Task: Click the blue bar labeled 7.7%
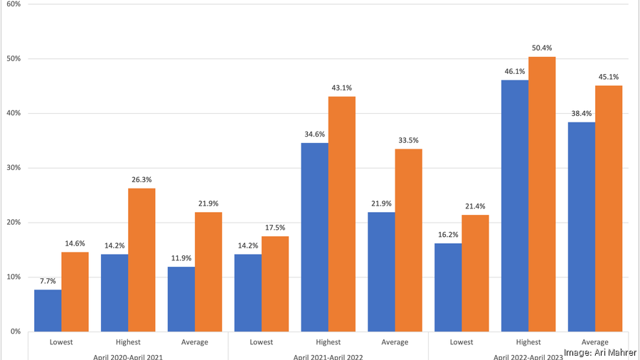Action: pyautogui.click(x=48, y=310)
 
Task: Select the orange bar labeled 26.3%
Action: pyautogui.click(x=142, y=260)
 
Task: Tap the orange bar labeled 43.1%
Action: pyautogui.click(x=342, y=213)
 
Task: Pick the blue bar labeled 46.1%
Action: pyautogui.click(x=515, y=206)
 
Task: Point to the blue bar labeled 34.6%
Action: pyautogui.click(x=315, y=237)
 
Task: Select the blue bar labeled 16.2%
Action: pyautogui.click(x=448, y=287)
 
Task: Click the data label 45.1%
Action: pyautogui.click(x=609, y=77)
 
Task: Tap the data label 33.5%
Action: pyautogui.click(x=408, y=140)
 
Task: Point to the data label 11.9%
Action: pyautogui.click(x=181, y=258)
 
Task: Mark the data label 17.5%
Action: pyautogui.click(x=275, y=228)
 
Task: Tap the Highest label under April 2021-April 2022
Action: pyautogui.click(x=328, y=342)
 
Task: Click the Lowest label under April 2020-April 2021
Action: pyautogui.click(x=61, y=342)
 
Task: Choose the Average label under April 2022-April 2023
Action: pyautogui.click(x=594, y=342)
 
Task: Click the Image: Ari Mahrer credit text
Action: pyautogui.click(x=600, y=352)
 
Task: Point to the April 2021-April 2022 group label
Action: pyautogui.click(x=328, y=356)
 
